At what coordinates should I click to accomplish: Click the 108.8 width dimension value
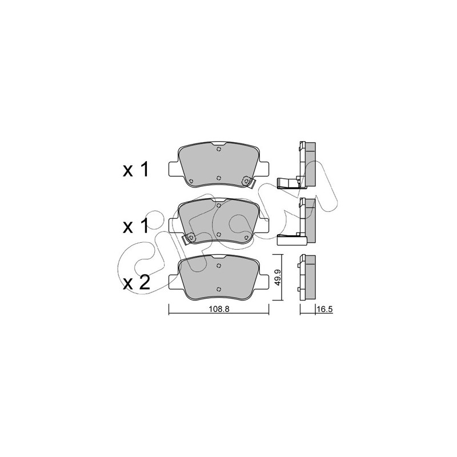pos(219,309)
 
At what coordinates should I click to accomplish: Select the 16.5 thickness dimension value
pos(324,309)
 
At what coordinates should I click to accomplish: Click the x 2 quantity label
pos(137,282)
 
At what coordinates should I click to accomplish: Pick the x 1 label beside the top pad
pos(136,170)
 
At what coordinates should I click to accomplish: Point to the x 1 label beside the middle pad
pos(136,226)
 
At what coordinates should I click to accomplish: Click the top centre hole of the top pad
pos(219,150)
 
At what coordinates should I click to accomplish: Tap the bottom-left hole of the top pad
pos(191,181)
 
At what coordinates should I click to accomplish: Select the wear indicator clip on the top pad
pos(248,182)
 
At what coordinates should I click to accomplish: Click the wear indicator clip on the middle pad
pos(189,239)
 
